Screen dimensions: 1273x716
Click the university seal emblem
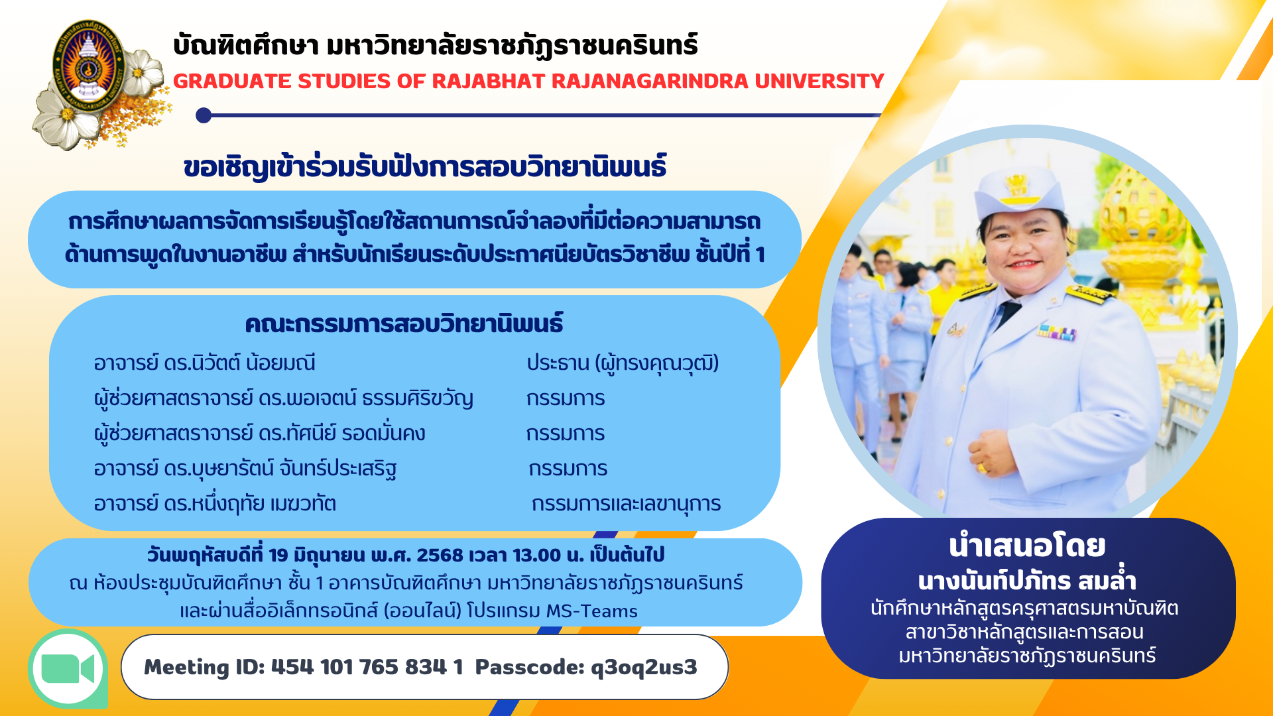coord(89,65)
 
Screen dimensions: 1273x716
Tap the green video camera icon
coord(68,669)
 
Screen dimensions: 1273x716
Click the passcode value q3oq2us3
coord(644,668)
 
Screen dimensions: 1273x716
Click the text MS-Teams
coord(591,611)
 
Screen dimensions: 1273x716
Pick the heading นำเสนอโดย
coord(1027,546)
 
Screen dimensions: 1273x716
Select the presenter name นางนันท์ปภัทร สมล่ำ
coord(1027,581)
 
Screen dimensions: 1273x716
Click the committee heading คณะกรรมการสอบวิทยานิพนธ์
coord(404,324)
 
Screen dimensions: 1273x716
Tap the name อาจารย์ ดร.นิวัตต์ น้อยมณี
coord(204,363)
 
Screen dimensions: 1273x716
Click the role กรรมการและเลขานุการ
coord(626,505)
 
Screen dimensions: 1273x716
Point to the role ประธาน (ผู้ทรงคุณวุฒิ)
coord(623,363)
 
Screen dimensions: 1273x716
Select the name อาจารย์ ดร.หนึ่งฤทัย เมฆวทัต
coord(215,504)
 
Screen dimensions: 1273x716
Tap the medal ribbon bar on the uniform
coord(1057,331)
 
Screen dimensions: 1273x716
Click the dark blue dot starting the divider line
coord(204,115)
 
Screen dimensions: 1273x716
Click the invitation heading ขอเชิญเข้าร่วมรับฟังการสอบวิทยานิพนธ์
coord(425,167)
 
